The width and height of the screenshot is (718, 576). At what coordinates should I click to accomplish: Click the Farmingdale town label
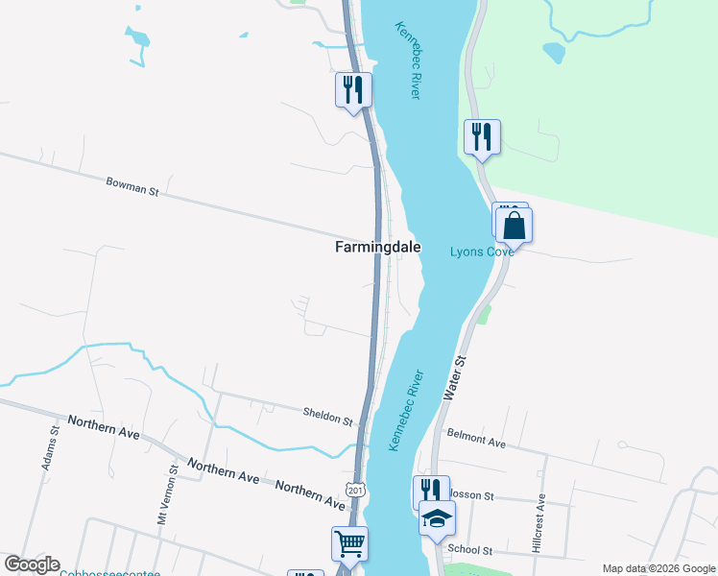tap(377, 247)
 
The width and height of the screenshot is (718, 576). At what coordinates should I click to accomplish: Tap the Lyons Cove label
tap(482, 252)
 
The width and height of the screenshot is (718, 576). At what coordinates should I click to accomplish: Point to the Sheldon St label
tap(327, 416)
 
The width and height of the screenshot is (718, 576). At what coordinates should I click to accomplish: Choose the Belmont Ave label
tap(476, 443)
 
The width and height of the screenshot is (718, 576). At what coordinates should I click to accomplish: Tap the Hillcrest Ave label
tap(540, 523)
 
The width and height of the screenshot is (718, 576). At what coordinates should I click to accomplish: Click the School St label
tap(469, 550)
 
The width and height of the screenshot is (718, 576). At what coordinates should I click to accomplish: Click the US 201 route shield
tap(357, 491)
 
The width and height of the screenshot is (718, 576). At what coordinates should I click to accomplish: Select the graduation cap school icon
tap(438, 518)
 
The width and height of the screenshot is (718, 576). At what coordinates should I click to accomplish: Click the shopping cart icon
tap(349, 543)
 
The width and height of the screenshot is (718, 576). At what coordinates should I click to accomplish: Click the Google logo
tap(32, 564)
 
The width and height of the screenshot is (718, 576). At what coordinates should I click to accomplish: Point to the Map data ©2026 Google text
tap(658, 568)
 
